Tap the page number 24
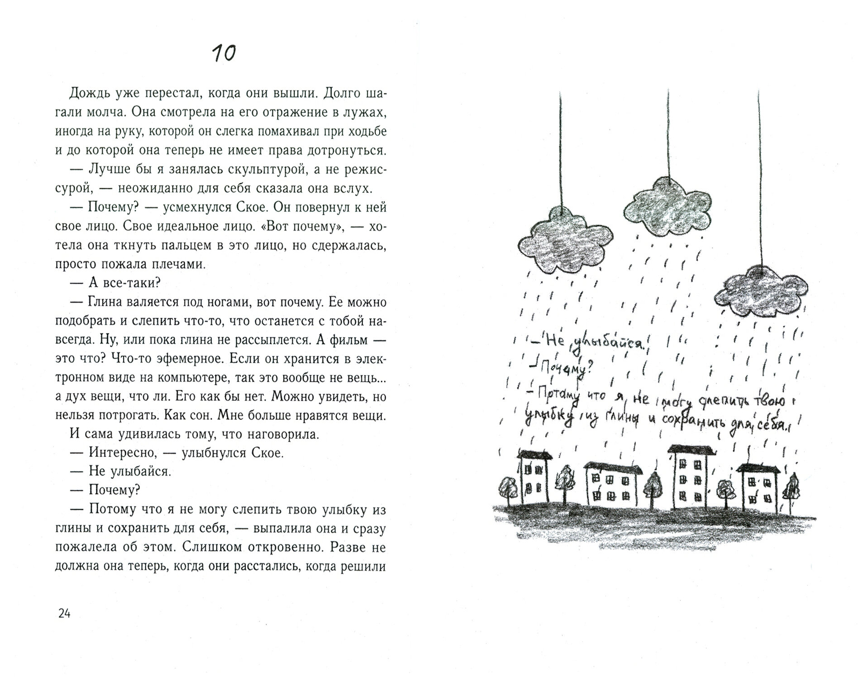tap(64, 613)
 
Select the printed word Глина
tap(108, 302)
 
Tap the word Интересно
tap(119, 453)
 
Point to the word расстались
tap(264, 566)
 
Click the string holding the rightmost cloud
tap(760, 181)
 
